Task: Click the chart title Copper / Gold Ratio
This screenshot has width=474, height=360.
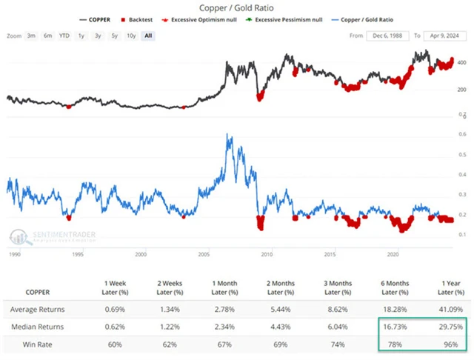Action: point(238,7)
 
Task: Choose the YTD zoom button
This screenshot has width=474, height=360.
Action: point(65,36)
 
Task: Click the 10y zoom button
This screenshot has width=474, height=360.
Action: point(130,36)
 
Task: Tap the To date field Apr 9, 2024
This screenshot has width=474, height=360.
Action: point(443,36)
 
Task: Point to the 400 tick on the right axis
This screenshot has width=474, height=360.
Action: point(461,63)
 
